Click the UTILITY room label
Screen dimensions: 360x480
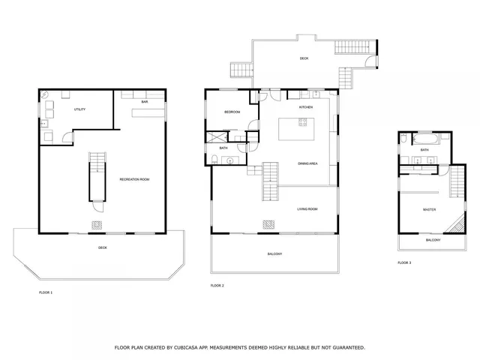pyautogui.click(x=79, y=109)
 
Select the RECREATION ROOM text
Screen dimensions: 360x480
pyautogui.click(x=135, y=179)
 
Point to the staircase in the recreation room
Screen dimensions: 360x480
pyautogui.click(x=97, y=175)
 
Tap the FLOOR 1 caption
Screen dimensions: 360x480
pyautogui.click(x=46, y=292)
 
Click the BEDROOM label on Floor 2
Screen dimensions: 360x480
pyautogui.click(x=232, y=112)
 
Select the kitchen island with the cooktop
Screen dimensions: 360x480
pyautogui.click(x=298, y=129)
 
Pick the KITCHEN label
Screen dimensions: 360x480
pyautogui.click(x=305, y=107)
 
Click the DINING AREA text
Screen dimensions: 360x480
pyautogui.click(x=309, y=163)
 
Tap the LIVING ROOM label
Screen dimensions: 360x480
pyautogui.click(x=307, y=209)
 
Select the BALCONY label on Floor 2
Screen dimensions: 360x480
pyautogui.click(x=274, y=254)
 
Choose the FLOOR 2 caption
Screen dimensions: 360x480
pyautogui.click(x=217, y=286)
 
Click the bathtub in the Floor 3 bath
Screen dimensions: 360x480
pyautogui.click(x=424, y=139)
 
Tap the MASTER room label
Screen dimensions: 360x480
pyautogui.click(x=429, y=210)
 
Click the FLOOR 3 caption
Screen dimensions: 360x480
pyautogui.click(x=404, y=262)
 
